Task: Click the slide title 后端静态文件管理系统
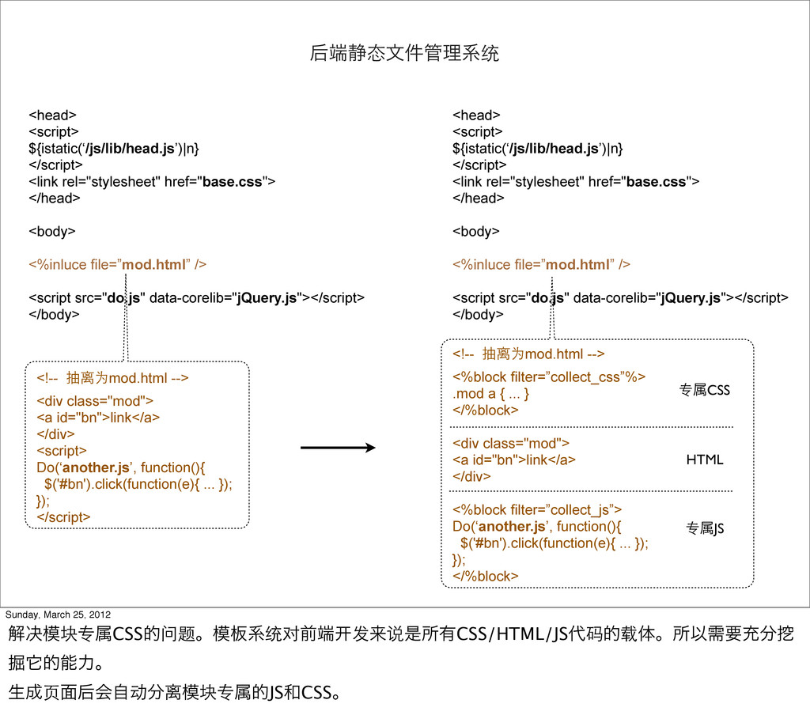click(404, 55)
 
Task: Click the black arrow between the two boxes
click(338, 448)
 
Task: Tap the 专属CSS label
click(704, 390)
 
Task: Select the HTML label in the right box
click(704, 460)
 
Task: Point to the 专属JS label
click(704, 528)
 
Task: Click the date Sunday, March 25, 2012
click(58, 615)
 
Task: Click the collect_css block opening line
click(548, 376)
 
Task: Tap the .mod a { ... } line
click(490, 393)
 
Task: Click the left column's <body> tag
click(52, 231)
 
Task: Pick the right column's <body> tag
click(475, 231)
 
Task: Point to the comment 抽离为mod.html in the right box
click(528, 353)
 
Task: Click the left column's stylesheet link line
click(152, 181)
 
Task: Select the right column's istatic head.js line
click(537, 148)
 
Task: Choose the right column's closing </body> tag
click(477, 314)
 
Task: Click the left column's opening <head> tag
click(52, 115)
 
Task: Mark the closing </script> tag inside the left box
click(63, 516)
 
